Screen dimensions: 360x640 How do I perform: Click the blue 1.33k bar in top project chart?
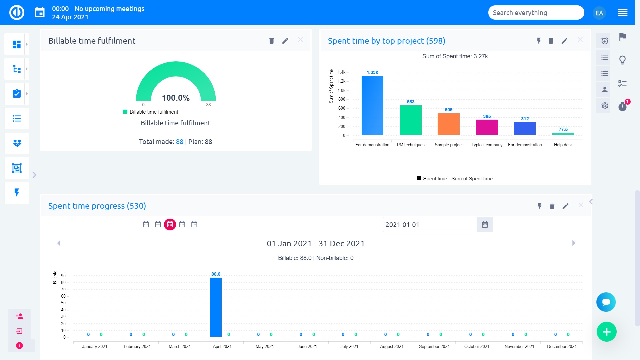point(372,105)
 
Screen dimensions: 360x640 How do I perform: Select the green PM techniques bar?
point(411,120)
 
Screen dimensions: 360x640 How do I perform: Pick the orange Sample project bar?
point(449,124)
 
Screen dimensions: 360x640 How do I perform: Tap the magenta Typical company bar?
point(487,127)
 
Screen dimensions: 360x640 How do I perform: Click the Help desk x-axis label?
point(563,145)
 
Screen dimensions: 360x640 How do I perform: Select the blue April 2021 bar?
point(216,307)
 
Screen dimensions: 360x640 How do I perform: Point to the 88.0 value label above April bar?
point(216,274)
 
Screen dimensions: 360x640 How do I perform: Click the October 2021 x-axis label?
point(477,346)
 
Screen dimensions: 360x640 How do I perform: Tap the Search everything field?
point(536,13)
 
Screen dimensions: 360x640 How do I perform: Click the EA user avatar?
point(599,13)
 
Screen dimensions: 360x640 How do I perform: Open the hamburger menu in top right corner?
point(622,13)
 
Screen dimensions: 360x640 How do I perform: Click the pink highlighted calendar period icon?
point(170,224)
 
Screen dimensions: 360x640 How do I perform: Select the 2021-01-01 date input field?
point(429,225)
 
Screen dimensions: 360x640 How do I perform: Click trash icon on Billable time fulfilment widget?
point(271,41)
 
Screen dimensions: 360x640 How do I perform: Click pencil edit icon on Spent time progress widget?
point(565,206)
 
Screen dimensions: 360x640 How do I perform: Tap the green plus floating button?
point(606,332)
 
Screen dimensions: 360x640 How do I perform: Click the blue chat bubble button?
point(606,302)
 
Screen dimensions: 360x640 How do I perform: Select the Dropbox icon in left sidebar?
point(17,143)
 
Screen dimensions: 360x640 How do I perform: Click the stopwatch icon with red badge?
point(622,106)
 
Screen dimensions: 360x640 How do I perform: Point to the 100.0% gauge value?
point(176,98)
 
